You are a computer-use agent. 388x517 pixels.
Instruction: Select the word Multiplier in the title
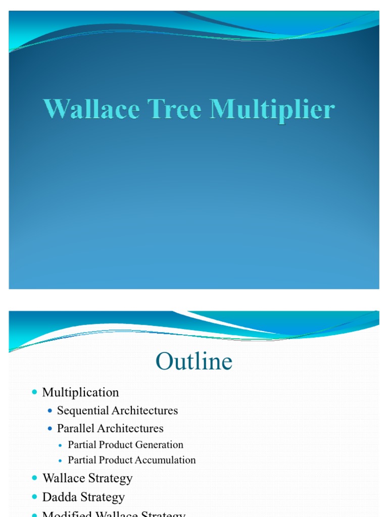point(272,110)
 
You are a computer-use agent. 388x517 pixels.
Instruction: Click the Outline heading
point(194,361)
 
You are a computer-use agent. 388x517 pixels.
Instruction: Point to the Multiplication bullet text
point(81,392)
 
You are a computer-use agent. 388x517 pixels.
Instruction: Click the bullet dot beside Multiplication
point(34,392)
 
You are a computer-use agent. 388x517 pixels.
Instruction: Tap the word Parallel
point(74,428)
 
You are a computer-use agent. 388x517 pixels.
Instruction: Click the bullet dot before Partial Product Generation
point(61,445)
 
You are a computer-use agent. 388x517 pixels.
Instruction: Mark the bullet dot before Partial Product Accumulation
point(61,460)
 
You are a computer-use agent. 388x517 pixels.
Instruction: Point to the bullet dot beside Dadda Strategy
point(34,497)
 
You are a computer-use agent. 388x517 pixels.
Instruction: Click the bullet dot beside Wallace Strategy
point(34,478)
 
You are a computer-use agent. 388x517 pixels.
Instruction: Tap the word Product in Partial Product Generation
point(115,445)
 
